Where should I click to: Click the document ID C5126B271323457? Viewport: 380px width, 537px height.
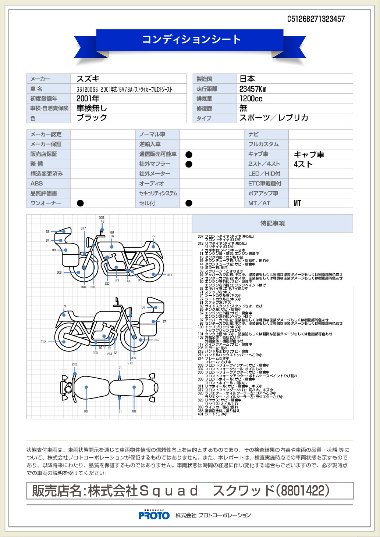tap(316, 19)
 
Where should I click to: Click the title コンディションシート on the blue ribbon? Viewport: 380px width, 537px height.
tap(191, 39)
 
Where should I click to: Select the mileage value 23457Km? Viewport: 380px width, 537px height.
tap(253, 89)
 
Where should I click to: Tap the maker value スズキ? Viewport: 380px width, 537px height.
tap(88, 79)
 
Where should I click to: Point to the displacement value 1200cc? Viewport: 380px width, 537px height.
tap(251, 98)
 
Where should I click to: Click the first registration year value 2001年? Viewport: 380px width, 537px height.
tap(88, 98)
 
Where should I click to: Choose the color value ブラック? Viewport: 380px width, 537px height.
tap(92, 118)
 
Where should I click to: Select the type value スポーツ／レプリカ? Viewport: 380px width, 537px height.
tap(274, 118)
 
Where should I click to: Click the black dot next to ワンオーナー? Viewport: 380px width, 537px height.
tap(80, 203)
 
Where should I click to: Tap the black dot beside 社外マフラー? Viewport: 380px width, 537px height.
tap(189, 164)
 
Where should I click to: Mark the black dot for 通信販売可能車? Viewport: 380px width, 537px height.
tap(189, 155)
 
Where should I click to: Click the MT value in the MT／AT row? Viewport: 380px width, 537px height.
tap(297, 203)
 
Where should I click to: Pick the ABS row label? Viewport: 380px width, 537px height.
tap(37, 183)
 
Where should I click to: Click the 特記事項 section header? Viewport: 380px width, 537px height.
tap(272, 223)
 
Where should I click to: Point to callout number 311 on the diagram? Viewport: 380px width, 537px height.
tap(169, 275)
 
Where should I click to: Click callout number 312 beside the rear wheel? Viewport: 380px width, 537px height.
tap(43, 342)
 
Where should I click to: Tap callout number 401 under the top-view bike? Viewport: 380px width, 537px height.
tap(134, 411)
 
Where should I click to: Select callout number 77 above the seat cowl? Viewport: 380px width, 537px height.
tap(153, 236)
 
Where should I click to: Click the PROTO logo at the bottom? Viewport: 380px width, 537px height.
tap(154, 515)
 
